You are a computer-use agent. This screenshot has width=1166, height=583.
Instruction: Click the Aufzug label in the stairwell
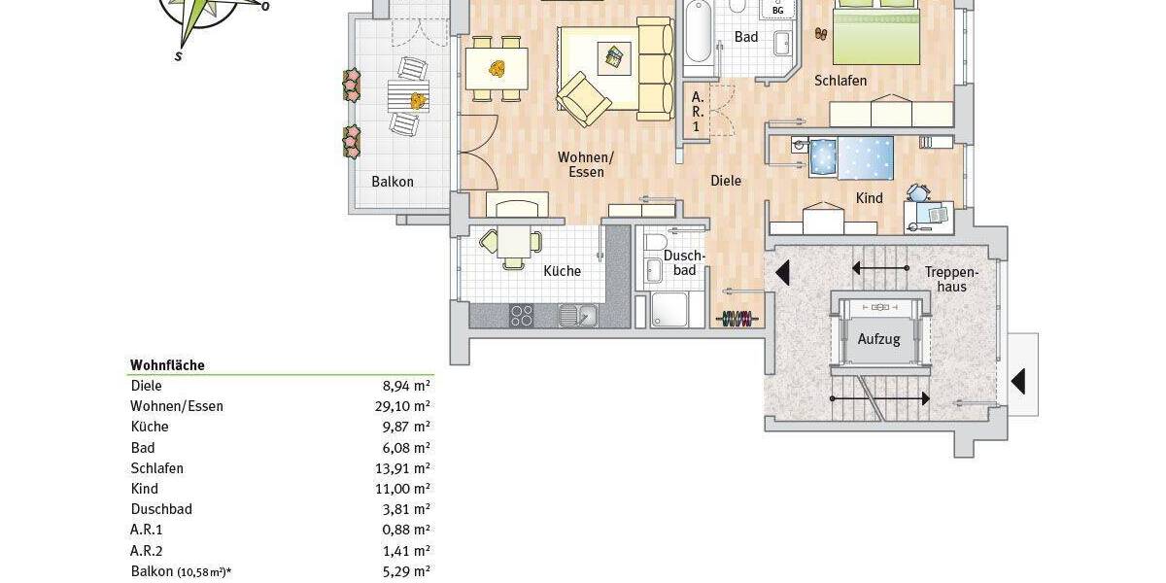click(879, 339)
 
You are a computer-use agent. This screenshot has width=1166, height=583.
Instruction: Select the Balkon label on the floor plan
click(393, 182)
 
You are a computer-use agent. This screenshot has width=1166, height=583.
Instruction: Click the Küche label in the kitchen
click(562, 271)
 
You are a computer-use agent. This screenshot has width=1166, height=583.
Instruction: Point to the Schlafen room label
click(841, 81)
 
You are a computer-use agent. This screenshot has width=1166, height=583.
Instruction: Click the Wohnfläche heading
click(167, 365)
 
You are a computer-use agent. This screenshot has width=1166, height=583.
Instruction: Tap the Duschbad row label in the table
click(161, 509)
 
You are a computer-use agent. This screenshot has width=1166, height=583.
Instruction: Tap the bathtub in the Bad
click(697, 34)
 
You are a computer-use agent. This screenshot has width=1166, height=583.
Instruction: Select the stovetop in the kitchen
click(522, 315)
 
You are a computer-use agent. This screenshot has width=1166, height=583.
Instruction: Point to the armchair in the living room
click(583, 97)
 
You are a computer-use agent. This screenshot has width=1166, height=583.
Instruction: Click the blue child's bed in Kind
click(852, 156)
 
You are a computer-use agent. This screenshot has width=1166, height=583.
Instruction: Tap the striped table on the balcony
click(408, 96)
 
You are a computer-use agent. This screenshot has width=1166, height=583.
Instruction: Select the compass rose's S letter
click(179, 56)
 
